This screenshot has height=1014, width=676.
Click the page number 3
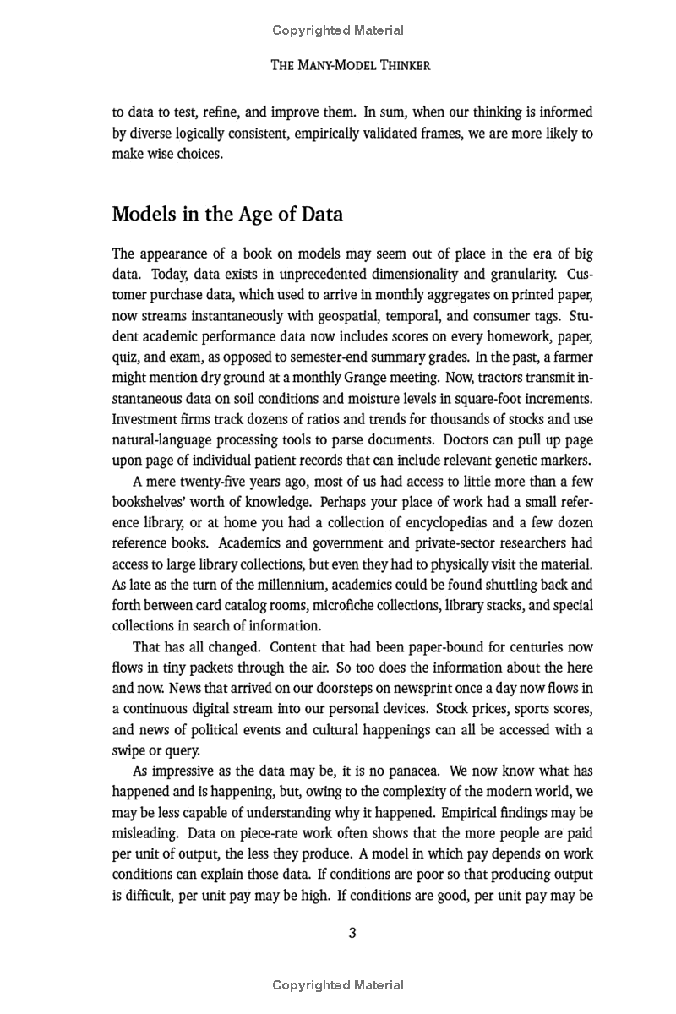[352, 933]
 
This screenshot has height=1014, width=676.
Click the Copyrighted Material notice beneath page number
[338, 984]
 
